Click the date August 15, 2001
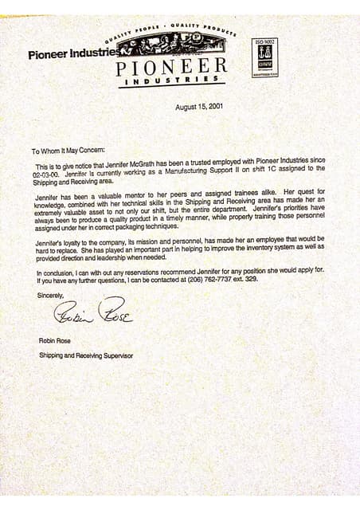tap(199, 107)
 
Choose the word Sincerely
tap(49, 295)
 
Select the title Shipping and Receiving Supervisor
tap(86, 355)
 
